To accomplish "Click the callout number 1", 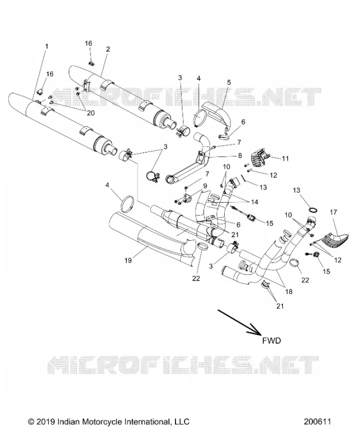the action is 47,46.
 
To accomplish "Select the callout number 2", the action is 108,49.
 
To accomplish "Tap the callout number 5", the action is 229,82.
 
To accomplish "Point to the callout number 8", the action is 240,156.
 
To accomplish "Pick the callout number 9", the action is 205,186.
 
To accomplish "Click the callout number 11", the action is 285,159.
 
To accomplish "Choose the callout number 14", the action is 254,202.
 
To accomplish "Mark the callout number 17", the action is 333,212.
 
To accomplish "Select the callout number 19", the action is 128,260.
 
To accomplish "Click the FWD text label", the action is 272,340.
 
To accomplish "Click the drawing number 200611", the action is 317,422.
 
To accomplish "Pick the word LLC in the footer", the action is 182,422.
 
